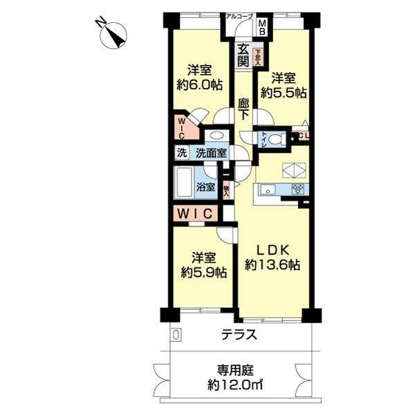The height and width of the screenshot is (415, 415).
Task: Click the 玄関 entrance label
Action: [243, 55]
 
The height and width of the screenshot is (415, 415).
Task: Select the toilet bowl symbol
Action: [275, 139]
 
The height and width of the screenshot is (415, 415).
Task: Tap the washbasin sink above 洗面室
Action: [216, 136]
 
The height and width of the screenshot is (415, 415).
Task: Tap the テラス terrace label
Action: [239, 335]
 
